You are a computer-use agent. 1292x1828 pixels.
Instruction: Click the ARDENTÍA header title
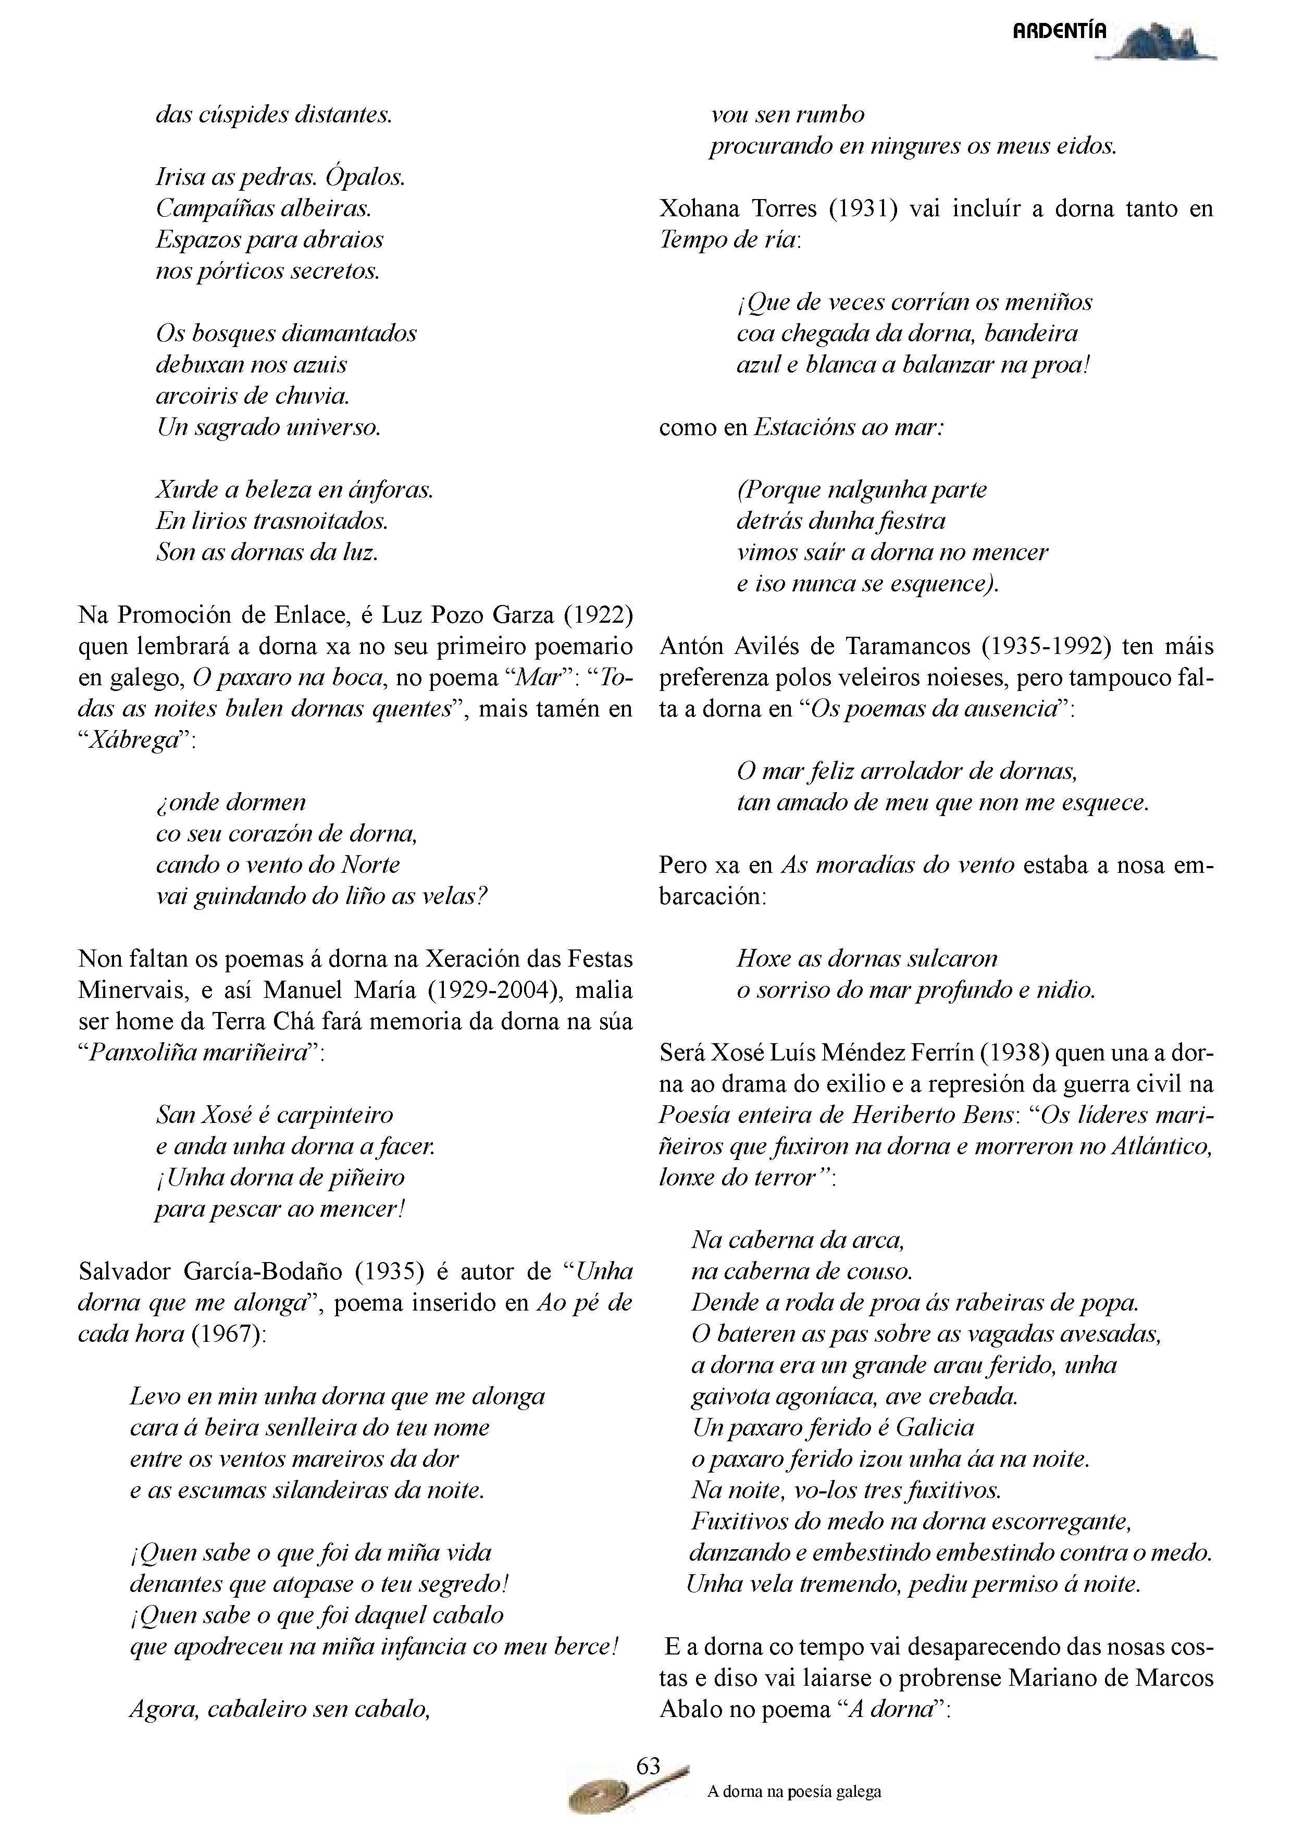(x=1059, y=32)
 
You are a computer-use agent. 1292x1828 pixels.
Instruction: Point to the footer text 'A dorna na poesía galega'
(x=793, y=1792)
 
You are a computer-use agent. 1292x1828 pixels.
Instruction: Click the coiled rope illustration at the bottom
(x=605, y=1792)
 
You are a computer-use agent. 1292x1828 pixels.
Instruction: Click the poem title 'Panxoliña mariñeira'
(x=199, y=1053)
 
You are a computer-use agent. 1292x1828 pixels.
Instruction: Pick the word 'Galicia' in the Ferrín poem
(x=935, y=1427)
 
